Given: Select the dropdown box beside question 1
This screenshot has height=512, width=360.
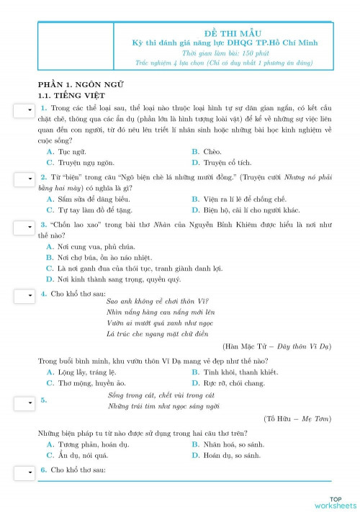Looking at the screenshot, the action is (x=24, y=109).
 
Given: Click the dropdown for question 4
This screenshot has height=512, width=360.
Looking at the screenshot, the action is (x=24, y=295).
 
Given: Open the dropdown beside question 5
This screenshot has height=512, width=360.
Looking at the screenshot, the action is (x=24, y=400).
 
